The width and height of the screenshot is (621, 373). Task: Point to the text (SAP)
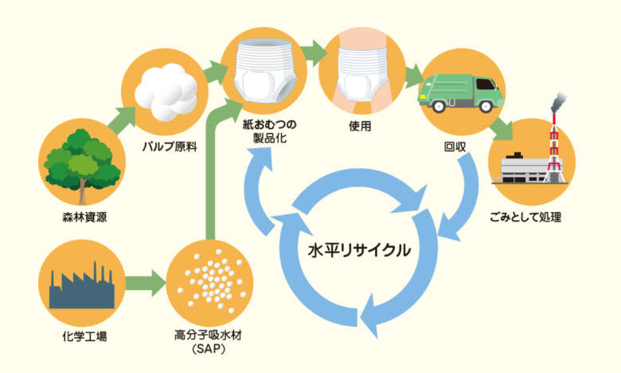coord(207,349)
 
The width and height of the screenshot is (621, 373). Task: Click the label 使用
coord(360,125)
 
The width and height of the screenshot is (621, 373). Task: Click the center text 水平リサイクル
coord(360,250)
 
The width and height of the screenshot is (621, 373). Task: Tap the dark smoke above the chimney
coord(556,103)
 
